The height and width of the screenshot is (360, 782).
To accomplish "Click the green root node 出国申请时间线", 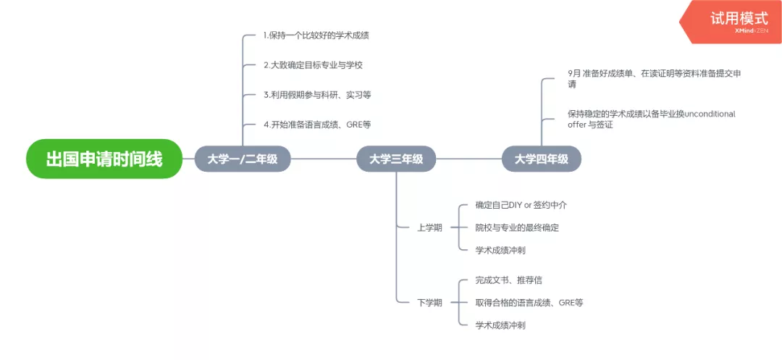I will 104,159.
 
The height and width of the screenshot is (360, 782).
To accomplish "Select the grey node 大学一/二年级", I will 243,159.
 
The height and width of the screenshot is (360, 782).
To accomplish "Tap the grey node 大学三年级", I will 396,159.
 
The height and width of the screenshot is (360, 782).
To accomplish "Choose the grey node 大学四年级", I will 542,159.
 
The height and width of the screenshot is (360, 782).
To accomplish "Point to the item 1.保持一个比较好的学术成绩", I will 321,35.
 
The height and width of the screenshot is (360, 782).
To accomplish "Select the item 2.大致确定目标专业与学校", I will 313,64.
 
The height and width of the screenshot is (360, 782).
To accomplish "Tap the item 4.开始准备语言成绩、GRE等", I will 317,124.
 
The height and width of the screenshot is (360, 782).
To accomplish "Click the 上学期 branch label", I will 429,227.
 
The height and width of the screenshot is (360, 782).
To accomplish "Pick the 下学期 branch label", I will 429,302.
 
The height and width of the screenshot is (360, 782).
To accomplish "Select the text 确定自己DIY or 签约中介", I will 521,205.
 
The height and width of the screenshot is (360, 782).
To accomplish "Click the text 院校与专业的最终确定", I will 517,227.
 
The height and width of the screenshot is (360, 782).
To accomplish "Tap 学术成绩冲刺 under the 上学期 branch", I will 500,250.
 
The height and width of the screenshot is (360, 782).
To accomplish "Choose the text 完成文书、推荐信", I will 508,280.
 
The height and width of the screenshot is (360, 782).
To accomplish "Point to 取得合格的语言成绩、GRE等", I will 529,302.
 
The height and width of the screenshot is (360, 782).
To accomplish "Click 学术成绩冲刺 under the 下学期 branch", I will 500,325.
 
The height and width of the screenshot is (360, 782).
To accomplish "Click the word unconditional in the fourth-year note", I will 710,114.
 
